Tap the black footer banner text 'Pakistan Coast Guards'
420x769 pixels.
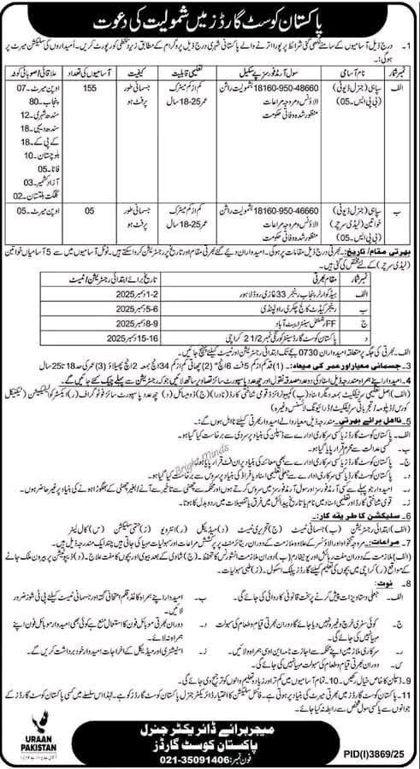[x=211, y=740]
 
